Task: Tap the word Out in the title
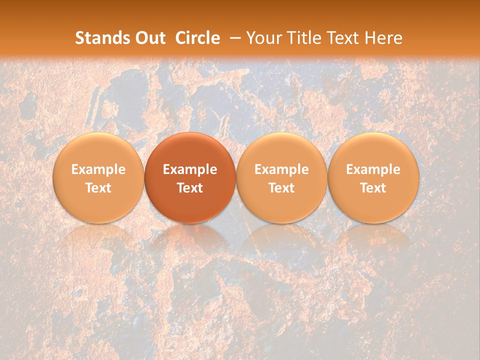[x=150, y=38]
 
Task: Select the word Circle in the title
[x=197, y=38]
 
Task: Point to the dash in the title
[x=235, y=38]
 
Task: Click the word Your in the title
[x=263, y=38]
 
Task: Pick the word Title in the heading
[x=301, y=38]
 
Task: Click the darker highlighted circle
[x=190, y=177]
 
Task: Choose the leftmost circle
[x=98, y=177]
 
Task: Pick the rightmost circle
[x=373, y=177]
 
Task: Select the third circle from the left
[x=281, y=177]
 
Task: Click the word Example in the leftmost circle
[x=98, y=169]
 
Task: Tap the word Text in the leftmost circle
[x=98, y=188]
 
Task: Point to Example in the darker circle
[x=190, y=169]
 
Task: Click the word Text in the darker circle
[x=190, y=188]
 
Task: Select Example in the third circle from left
[x=281, y=169]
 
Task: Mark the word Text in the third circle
[x=281, y=188]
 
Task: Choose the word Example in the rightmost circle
[x=373, y=169]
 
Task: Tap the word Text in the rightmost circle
[x=373, y=188]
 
